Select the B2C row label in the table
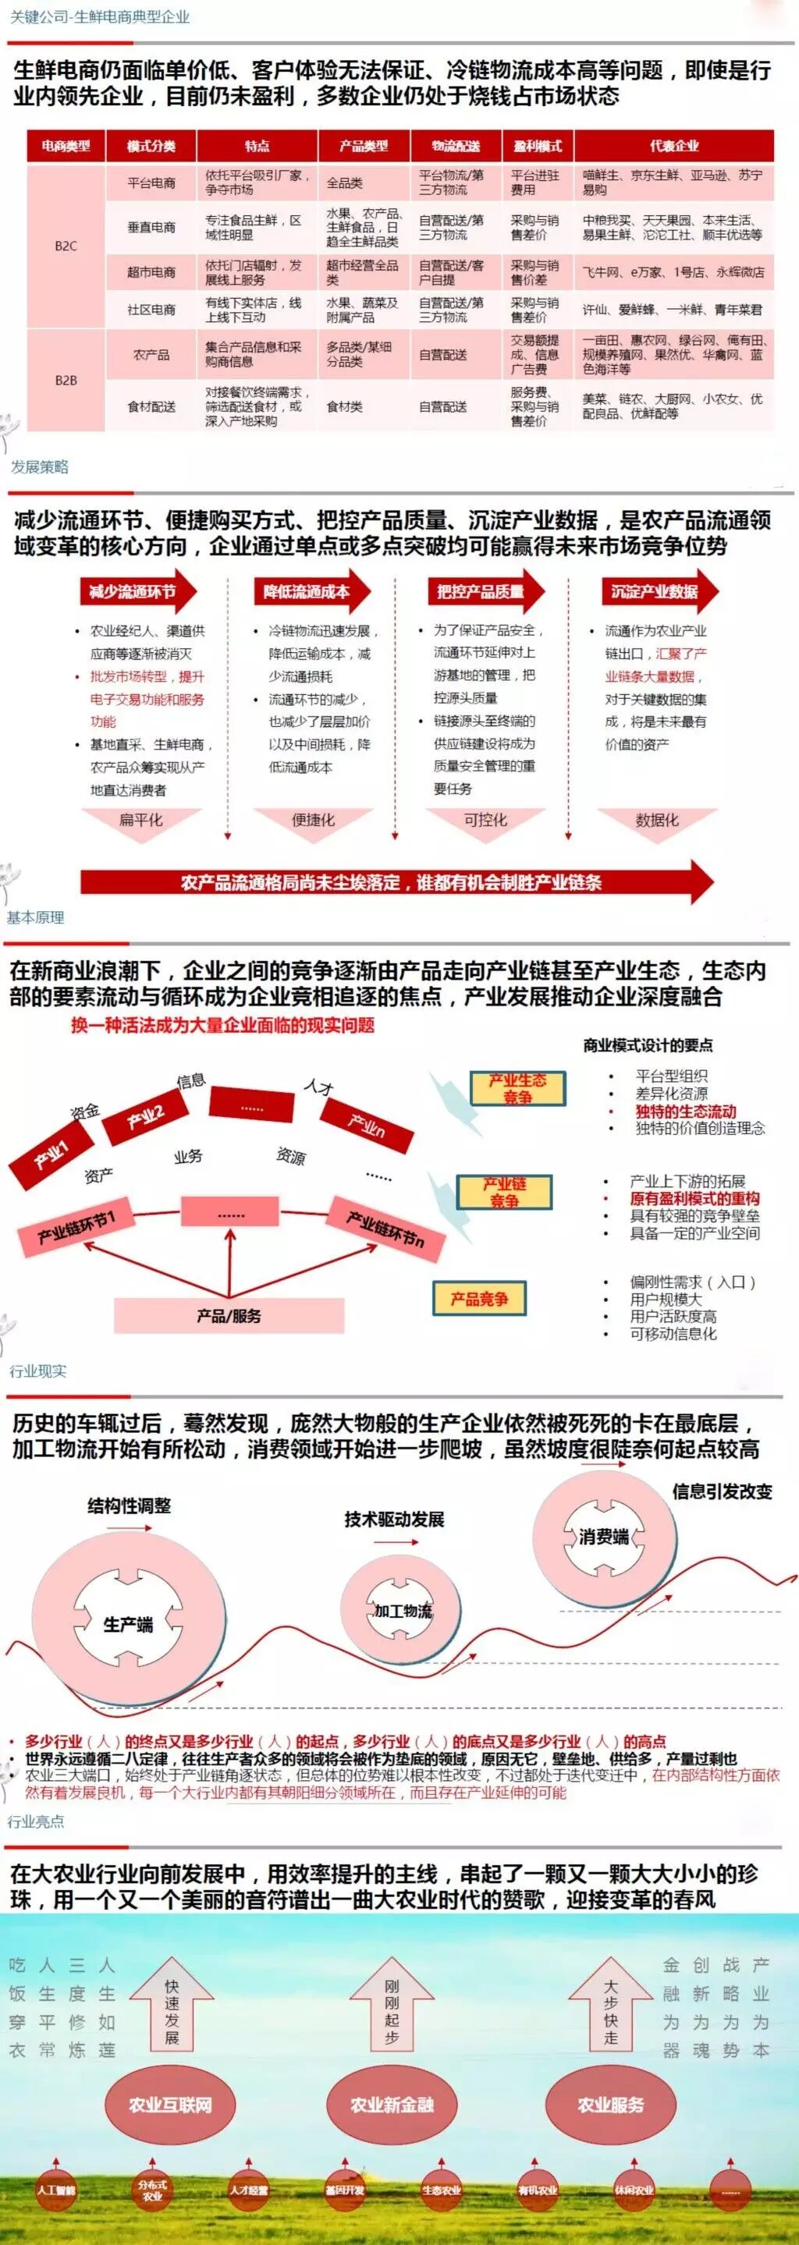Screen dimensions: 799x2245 pos(66,246)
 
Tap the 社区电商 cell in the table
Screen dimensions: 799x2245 pos(151,310)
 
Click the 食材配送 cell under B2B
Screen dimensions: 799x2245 pos(151,406)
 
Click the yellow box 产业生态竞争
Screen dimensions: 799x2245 pos(517,1088)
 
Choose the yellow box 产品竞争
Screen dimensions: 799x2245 pos(478,1299)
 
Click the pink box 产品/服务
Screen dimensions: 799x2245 pos(229,1315)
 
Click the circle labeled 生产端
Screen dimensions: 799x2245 pos(128,1623)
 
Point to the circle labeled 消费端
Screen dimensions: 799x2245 pos(604,1537)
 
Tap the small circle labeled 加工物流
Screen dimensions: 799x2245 pos(403,1611)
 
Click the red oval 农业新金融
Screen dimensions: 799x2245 pos(392,2105)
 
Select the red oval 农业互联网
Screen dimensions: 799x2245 pos(171,2105)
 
